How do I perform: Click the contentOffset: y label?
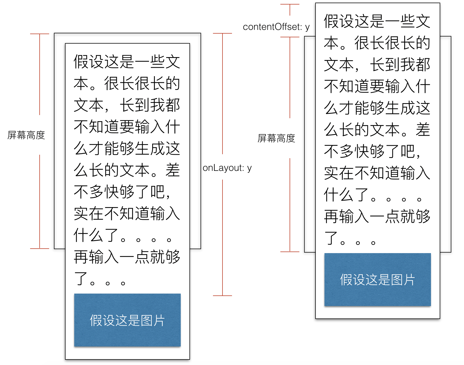(x=276, y=27)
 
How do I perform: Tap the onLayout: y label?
(x=227, y=168)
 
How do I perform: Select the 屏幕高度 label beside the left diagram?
(x=26, y=135)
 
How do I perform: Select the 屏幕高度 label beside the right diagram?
(x=276, y=138)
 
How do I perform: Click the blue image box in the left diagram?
(x=127, y=320)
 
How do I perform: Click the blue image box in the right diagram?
(x=378, y=280)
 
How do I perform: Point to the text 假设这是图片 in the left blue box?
(x=127, y=321)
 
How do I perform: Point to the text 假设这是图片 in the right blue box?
(x=378, y=280)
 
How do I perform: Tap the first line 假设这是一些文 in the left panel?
(x=127, y=62)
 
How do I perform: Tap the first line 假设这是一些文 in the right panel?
(x=377, y=21)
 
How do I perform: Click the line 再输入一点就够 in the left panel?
(x=127, y=257)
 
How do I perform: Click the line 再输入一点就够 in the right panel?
(x=377, y=216)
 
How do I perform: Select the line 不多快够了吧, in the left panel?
(x=122, y=192)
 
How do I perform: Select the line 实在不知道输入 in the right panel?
(x=377, y=173)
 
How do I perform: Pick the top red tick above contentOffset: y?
(x=290, y=4)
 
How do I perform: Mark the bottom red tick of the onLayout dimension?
(x=222, y=295)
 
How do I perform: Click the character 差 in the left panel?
(x=173, y=170)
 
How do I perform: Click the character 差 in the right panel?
(x=423, y=130)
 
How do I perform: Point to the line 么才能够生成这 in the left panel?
(x=127, y=148)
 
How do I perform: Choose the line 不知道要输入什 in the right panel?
(x=377, y=86)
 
